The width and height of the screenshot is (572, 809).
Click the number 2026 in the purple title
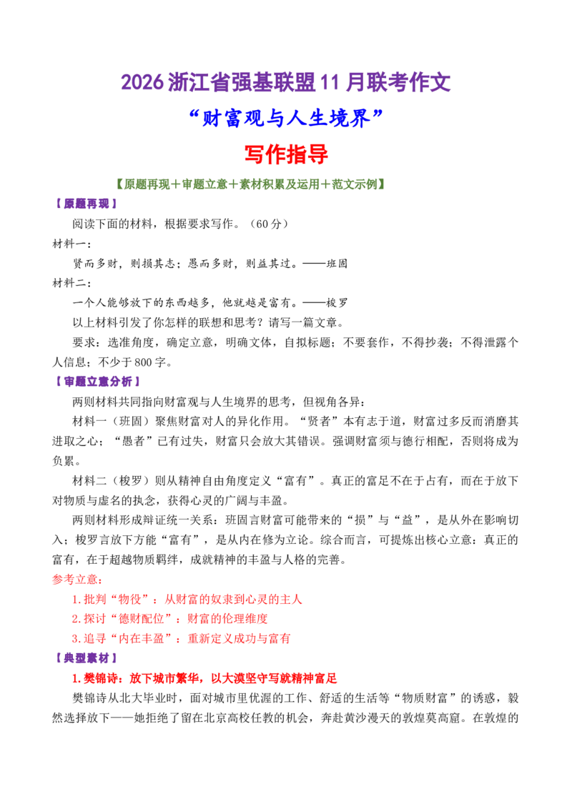[x=142, y=83]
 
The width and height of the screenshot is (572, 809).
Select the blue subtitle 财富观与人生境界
[x=287, y=119]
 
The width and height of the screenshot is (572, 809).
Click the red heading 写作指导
[x=286, y=154]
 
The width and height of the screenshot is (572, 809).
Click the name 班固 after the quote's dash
[x=337, y=264]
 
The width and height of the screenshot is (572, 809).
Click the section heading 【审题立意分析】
[x=97, y=382]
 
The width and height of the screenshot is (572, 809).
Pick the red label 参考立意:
[x=77, y=580]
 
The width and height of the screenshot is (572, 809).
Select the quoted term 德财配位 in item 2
[x=142, y=619]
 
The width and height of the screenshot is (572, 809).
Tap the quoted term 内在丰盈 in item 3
[x=142, y=639]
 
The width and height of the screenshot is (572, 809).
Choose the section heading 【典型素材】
[x=87, y=658]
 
